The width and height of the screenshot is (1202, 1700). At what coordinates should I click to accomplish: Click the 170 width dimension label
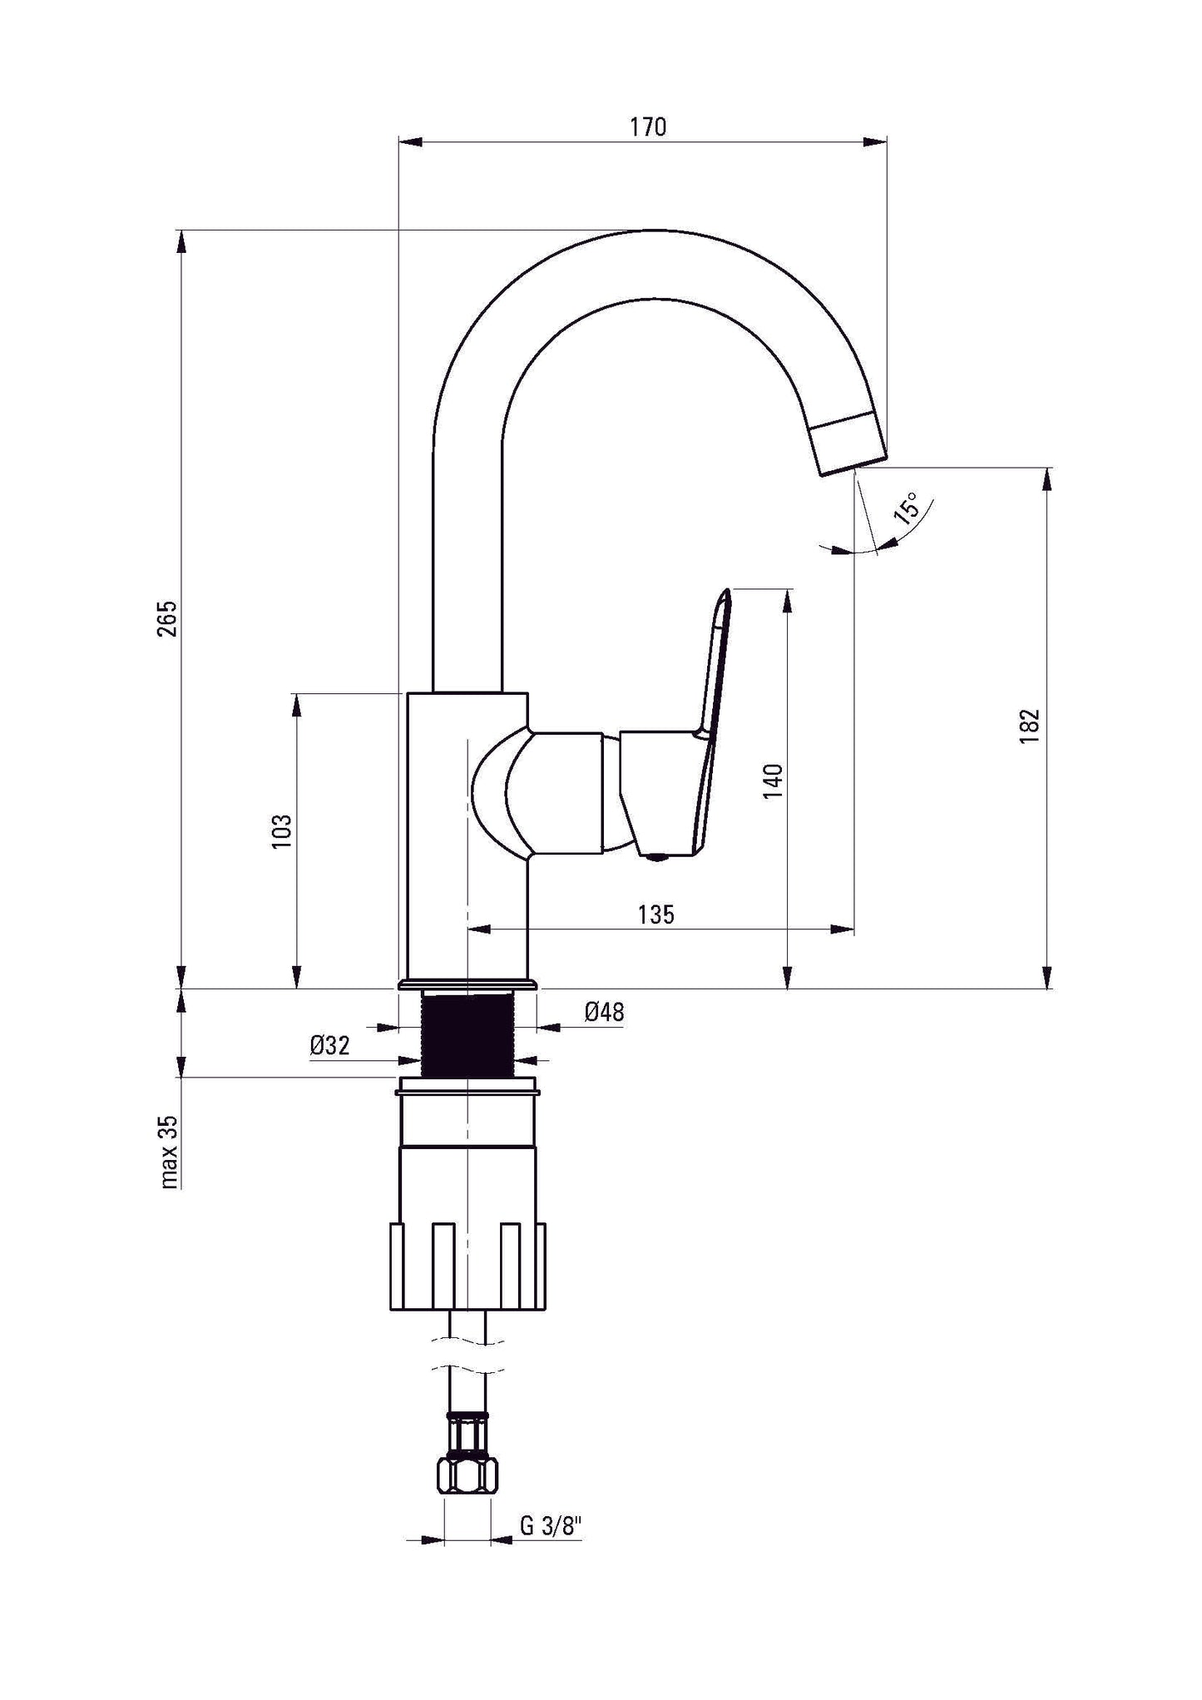pos(647,127)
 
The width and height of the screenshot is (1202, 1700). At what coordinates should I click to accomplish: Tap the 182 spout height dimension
pos(1030,726)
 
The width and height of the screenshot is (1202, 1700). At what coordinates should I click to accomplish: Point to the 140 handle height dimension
pos(773,781)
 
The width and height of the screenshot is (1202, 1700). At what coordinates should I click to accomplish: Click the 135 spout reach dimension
pos(656,914)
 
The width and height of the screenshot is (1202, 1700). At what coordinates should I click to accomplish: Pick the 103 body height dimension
pos(283,830)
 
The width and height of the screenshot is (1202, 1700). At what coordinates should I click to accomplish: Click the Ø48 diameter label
pos(604,1012)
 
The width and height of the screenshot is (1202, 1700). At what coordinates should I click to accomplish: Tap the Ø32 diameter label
pos(329,1046)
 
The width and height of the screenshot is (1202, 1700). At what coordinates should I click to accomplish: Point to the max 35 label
pos(169,1152)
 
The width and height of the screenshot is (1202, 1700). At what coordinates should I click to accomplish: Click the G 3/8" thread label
pos(550,1526)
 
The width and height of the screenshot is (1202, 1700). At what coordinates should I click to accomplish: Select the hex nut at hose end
pos(467,1474)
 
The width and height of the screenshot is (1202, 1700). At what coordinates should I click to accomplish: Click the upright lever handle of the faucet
pos(715,666)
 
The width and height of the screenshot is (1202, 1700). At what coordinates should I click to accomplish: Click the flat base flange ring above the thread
pos(467,984)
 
